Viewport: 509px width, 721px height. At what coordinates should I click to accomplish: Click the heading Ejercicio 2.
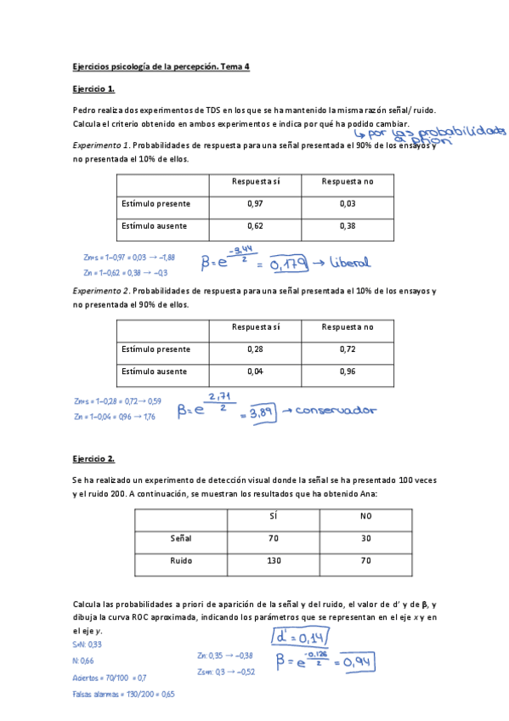click(x=93, y=459)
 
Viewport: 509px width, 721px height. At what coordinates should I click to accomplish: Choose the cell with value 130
click(x=272, y=560)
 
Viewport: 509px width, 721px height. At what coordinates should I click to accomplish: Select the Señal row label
click(x=182, y=538)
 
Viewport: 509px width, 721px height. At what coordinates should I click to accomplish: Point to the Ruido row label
click(x=182, y=560)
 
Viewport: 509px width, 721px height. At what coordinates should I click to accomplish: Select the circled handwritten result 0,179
click(x=287, y=264)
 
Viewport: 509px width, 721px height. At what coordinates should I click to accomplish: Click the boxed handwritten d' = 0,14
click(x=297, y=638)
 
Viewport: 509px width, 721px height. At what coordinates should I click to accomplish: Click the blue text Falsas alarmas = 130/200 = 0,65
click(x=123, y=695)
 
